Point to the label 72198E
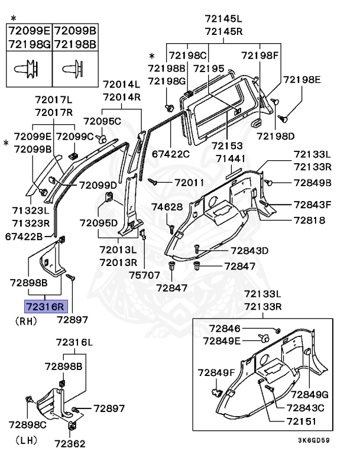click(301, 79)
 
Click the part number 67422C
click(170, 154)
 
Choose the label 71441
click(232, 159)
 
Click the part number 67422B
click(24, 236)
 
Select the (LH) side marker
click(24, 440)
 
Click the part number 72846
click(225, 327)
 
